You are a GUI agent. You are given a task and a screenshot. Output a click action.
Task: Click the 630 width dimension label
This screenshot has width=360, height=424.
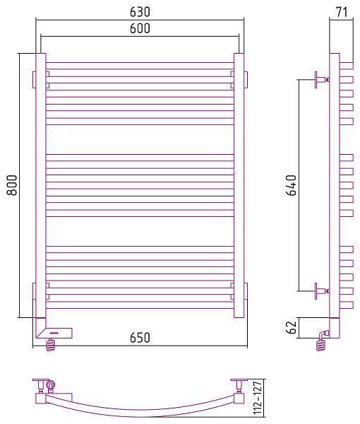(140, 11)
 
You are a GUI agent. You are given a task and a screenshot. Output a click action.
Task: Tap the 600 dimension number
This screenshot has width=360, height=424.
(140, 28)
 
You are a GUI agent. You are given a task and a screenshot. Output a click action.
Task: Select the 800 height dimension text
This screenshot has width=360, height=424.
(12, 185)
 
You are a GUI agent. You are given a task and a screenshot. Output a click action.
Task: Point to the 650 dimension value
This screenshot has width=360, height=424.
(140, 338)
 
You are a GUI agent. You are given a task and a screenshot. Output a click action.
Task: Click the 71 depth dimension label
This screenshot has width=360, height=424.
(342, 11)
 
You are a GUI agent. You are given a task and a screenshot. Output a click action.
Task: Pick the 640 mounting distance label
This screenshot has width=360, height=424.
(292, 185)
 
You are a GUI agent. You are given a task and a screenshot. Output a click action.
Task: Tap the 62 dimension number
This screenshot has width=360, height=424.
(292, 327)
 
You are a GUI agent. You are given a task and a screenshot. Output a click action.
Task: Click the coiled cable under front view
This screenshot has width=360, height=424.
(51, 345)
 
